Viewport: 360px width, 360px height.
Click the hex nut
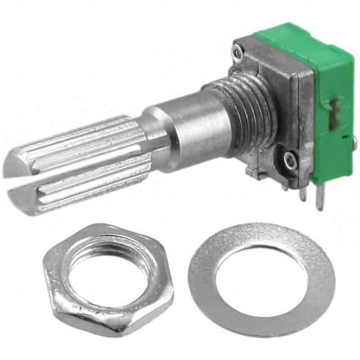(62, 292)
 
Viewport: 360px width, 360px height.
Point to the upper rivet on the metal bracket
(238, 52)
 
